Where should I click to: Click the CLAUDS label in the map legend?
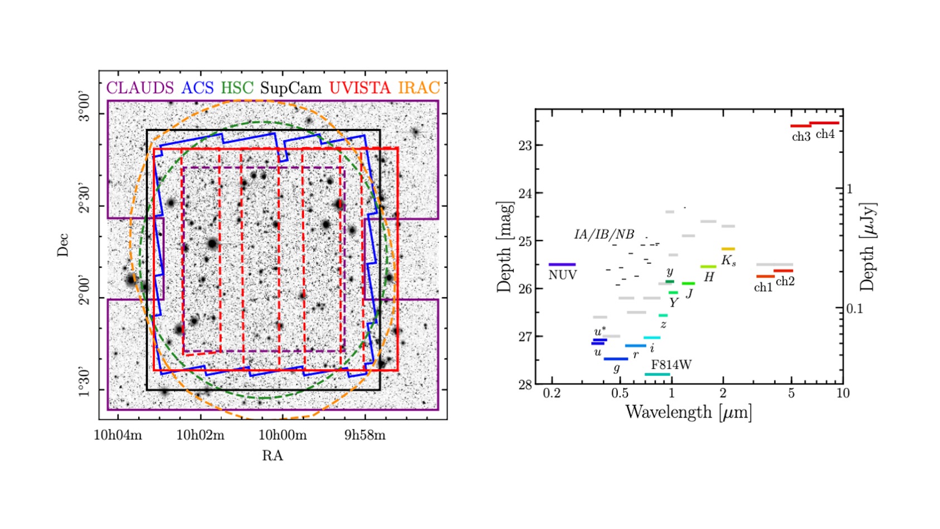[x=140, y=88]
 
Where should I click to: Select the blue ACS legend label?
[x=197, y=88]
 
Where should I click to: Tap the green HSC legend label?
[x=237, y=88]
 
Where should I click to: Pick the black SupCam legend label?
[x=290, y=88]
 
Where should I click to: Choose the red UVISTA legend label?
[x=359, y=88]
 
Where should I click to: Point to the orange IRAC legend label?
[x=419, y=88]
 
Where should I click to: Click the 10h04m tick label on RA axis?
[x=118, y=435]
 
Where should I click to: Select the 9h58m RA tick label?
[x=364, y=435]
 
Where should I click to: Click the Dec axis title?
[x=63, y=245]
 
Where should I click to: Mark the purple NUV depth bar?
[x=562, y=264]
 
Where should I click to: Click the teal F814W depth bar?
[x=657, y=374]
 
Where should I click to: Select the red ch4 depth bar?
[x=824, y=123]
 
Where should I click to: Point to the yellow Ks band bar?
[x=728, y=249]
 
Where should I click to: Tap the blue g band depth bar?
[x=616, y=359]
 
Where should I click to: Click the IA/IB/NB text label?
[x=604, y=234]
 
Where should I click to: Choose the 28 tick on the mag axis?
[x=525, y=385]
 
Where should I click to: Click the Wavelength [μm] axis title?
[x=688, y=412]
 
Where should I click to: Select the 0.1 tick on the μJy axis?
[x=854, y=308]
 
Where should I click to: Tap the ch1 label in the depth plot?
[x=763, y=288]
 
